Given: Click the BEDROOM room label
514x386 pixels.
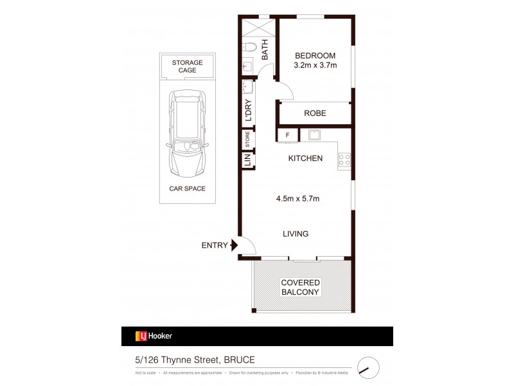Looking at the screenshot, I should click(315, 55).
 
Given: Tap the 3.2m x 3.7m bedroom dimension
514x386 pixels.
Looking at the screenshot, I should click(315, 66).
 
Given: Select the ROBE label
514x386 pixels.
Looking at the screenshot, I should click(315, 113).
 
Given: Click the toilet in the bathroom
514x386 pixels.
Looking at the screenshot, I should click(251, 46).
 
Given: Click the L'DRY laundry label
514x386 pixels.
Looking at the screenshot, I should click(248, 109).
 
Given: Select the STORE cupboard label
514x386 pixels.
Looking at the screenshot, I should click(247, 139).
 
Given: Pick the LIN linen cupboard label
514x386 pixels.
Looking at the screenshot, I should click(247, 159).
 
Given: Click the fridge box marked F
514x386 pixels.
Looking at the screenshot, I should click(287, 135).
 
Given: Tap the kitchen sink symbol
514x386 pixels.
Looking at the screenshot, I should click(315, 135).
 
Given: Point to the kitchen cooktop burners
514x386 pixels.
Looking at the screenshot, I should click(344, 160).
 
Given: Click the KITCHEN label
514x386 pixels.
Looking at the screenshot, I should click(305, 158).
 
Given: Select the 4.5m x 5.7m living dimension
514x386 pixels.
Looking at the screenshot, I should click(297, 199).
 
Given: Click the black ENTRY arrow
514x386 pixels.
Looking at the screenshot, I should click(235, 244).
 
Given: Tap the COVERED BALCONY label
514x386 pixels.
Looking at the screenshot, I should click(301, 287).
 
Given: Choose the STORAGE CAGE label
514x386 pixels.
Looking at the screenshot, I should click(187, 66).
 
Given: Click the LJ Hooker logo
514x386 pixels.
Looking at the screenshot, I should click(154, 336).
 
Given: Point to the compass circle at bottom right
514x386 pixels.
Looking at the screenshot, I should click(368, 368).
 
